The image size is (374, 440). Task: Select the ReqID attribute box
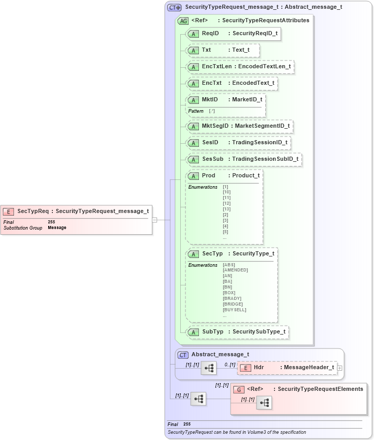pos(234,34)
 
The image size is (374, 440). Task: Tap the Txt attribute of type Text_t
pos(223,50)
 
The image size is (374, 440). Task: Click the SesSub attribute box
pos(244,159)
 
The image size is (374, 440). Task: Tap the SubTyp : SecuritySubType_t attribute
pos(237,331)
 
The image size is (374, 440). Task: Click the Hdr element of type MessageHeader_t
pos(287,368)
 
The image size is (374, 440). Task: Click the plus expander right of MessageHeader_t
pos(340,368)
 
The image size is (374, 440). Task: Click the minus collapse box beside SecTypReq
pos(154,220)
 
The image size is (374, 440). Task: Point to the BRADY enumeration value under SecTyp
pos(232,298)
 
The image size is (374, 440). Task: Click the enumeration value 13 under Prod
pos(226,209)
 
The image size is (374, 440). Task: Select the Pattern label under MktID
pos(196,111)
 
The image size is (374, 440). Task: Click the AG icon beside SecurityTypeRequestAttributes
pos(183,21)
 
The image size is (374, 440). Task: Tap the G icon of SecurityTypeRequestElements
pos(239,389)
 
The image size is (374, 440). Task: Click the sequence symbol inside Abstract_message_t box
pos(209,368)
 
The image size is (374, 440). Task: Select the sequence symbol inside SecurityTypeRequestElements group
pos(264,403)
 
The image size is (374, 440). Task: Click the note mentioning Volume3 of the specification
pos(237,432)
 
